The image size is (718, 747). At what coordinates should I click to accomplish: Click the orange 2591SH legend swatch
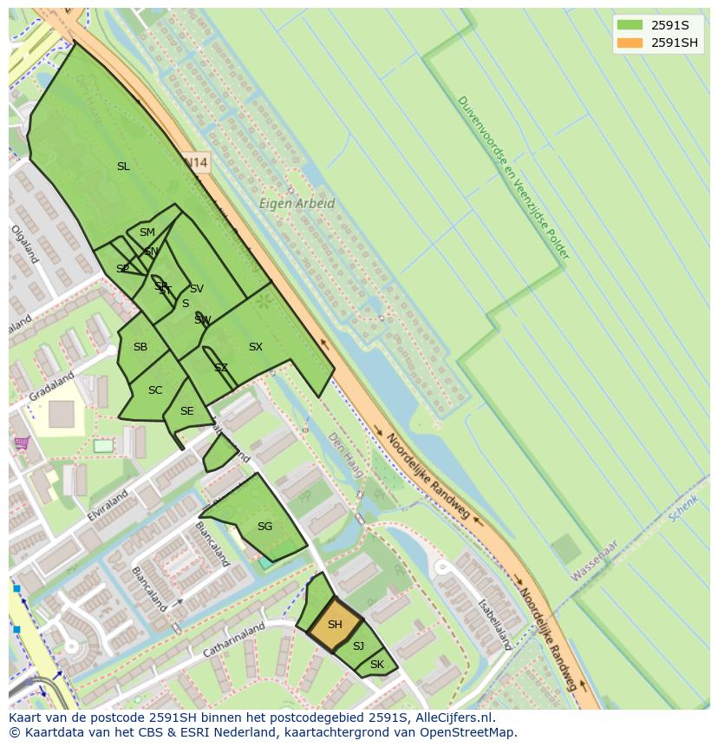pos(630,43)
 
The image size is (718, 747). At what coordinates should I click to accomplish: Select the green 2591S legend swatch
pos(630,25)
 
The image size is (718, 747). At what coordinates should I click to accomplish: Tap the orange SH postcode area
pos(334,625)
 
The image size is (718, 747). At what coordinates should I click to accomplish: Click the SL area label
pos(123,166)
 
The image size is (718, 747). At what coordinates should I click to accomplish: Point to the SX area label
pos(255,347)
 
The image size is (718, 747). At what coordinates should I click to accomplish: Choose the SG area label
pos(264,526)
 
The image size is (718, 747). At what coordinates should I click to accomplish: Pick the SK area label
pos(376,665)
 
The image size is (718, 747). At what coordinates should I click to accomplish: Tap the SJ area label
pos(358,645)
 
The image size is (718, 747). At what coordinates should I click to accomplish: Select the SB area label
pos(140,347)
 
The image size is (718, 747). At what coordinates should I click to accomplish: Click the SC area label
pos(155,390)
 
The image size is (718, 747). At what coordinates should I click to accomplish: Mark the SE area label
pos(186,411)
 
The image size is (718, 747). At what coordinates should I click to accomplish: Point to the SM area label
pos(147,233)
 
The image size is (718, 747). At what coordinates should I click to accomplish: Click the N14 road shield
pos(198,162)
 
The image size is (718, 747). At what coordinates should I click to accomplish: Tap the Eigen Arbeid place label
pos(297,204)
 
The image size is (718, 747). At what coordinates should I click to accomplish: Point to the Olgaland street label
pos(24,245)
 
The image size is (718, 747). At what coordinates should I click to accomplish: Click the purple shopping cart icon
pos(22,443)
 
